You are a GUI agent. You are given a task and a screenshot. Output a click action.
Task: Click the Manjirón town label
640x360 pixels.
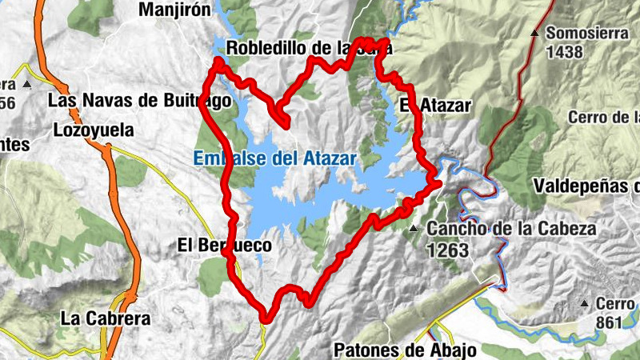tap(174, 10)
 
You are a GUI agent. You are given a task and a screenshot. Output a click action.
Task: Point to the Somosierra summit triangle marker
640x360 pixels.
tap(534, 33)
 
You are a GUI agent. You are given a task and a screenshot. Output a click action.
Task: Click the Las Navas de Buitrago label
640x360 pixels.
tap(139, 101)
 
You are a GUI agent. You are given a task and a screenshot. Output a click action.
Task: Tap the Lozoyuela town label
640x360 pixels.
tap(93, 130)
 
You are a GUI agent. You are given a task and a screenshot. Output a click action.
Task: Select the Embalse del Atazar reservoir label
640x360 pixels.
tap(274, 158)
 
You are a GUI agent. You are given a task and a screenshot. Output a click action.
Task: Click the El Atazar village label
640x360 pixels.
tap(435, 105)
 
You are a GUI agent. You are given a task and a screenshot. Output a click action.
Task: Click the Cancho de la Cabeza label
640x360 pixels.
tap(511, 229)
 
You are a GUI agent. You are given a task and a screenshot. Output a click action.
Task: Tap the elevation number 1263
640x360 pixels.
tap(448, 250)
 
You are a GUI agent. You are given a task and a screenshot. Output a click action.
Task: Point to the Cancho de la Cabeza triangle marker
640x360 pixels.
tap(414, 230)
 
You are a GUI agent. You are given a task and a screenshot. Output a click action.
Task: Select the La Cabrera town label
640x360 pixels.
tap(105, 318)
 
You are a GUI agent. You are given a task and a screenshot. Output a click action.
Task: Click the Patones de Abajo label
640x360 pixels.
tap(405, 350)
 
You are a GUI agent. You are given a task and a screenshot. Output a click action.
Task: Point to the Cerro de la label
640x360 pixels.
tap(604, 118)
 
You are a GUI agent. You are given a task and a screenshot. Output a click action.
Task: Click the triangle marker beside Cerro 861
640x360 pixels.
tap(585, 304)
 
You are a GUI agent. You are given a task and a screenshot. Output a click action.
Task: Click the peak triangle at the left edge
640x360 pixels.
tap(26, 83)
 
